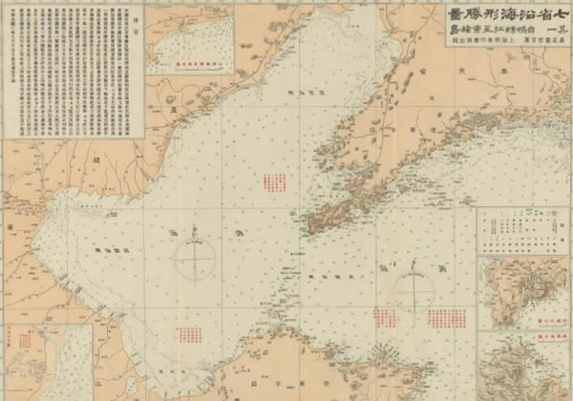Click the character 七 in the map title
click(x=552, y=14)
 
